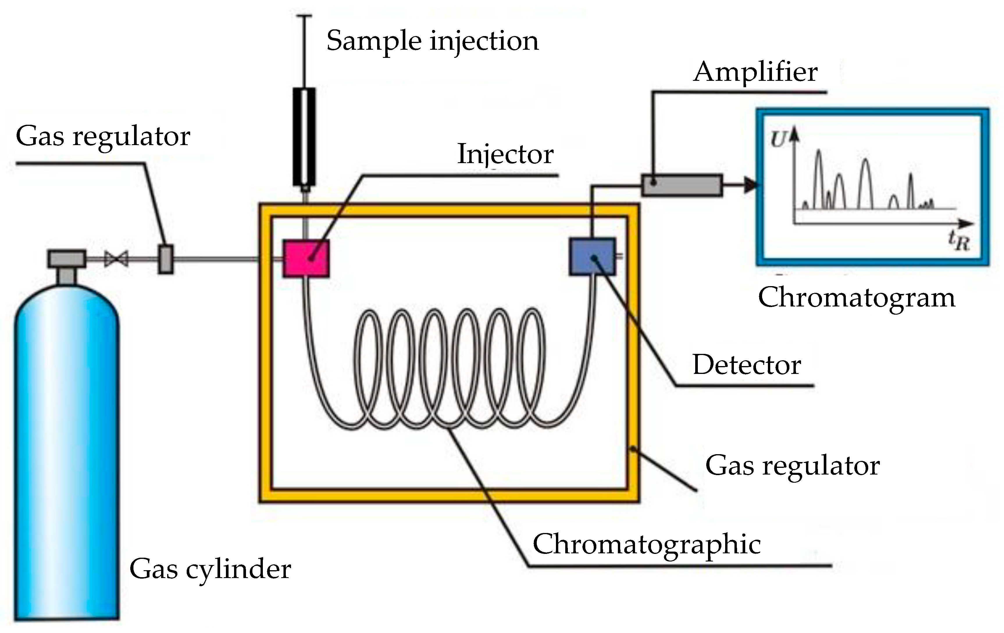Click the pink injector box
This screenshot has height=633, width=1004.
pyautogui.click(x=306, y=258)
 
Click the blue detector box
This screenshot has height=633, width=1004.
pyautogui.click(x=592, y=256)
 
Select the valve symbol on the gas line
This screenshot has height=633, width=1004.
pyautogui.click(x=116, y=259)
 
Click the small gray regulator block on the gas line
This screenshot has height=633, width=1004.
pyautogui.click(x=165, y=259)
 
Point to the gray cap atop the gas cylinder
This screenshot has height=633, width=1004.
pyautogui.click(x=67, y=258)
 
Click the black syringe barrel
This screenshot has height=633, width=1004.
pyautogui.click(x=304, y=137)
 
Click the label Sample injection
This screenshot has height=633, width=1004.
pyautogui.click(x=432, y=42)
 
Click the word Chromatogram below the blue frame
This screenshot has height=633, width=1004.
pyautogui.click(x=856, y=298)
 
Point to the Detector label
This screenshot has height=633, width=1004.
pyautogui.click(x=746, y=365)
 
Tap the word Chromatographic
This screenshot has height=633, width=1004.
pyautogui.click(x=647, y=545)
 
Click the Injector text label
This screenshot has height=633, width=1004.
pyautogui.click(x=505, y=154)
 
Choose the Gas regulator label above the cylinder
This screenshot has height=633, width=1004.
pyautogui.click(x=103, y=136)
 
